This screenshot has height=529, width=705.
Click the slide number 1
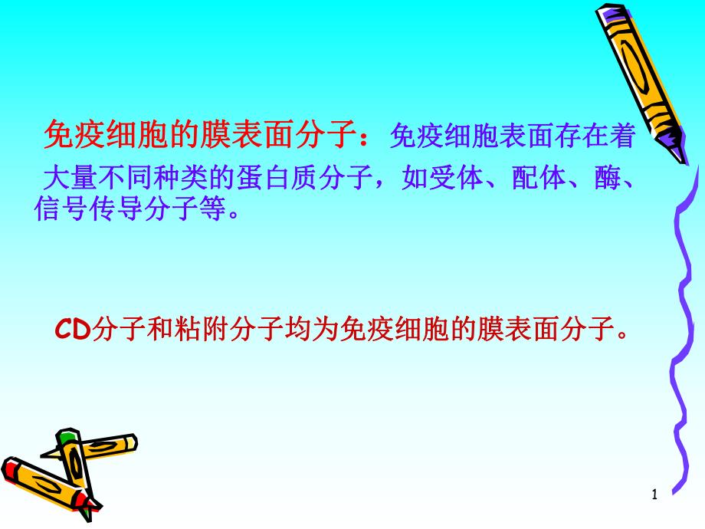(654, 496)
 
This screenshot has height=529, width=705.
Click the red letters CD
(74, 329)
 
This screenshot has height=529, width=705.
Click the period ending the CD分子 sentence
(623, 333)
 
